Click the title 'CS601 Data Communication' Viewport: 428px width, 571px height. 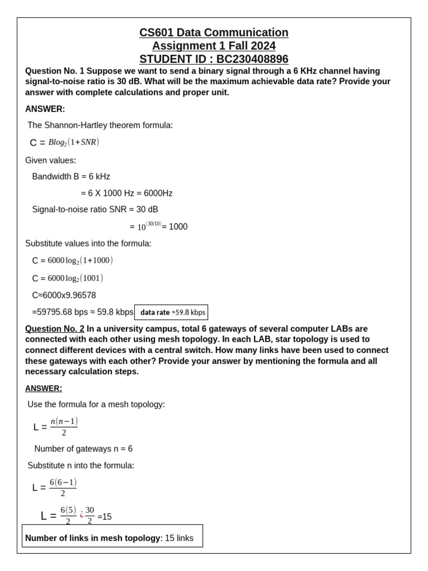214,32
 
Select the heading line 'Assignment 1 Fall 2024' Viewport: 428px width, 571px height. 214,46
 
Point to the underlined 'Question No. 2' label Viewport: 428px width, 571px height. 55,328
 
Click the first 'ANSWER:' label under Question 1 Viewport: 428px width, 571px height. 45,109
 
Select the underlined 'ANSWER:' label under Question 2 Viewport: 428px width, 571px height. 43,388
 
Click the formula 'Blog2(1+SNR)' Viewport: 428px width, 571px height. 74,142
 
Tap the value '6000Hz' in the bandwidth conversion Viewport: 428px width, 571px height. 158,193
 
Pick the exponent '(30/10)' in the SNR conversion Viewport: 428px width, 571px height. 153,224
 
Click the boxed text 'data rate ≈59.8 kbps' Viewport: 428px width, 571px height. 172,312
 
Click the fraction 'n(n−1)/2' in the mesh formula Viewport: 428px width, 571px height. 64,427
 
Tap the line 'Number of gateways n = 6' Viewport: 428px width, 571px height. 84,448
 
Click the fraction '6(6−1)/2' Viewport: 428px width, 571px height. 63,487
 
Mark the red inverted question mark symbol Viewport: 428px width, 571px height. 81,515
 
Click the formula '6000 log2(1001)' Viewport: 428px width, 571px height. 75,278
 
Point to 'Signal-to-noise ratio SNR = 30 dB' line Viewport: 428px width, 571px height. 95,209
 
